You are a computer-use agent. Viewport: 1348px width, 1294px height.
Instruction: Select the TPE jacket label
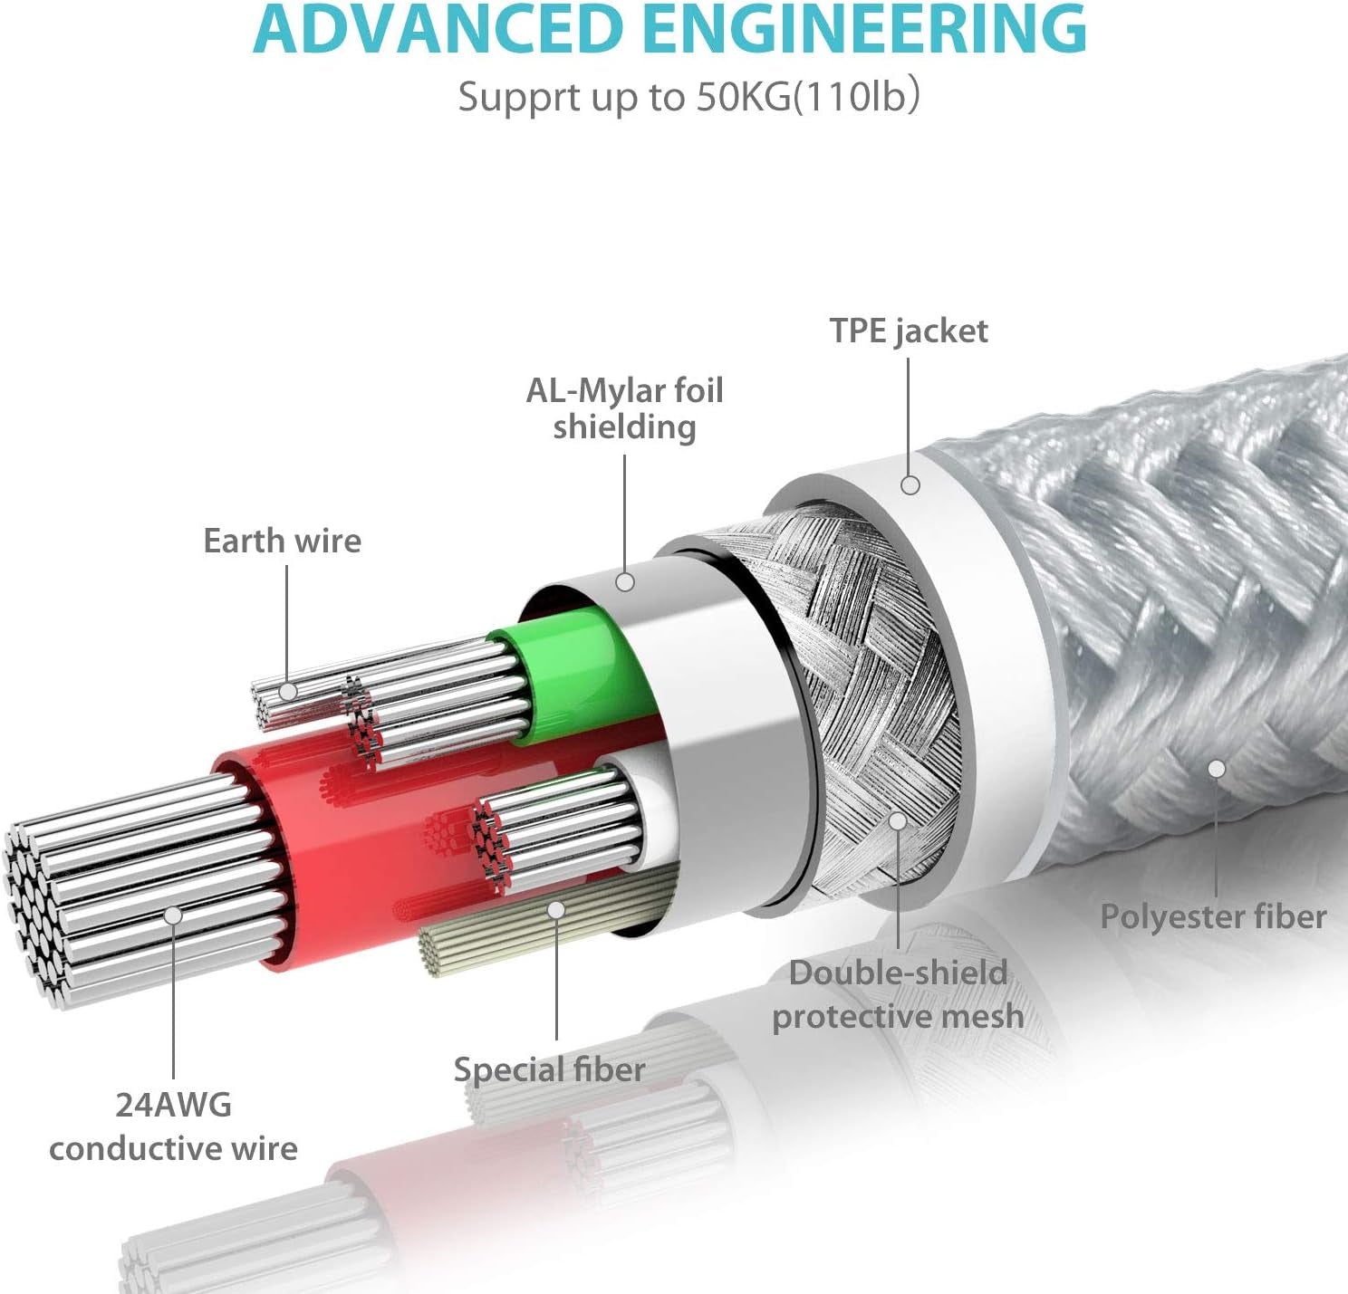[x=909, y=331]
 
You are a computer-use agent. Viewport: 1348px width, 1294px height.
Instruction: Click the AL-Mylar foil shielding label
[x=625, y=408]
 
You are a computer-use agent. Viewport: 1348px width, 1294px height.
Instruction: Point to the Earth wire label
[x=283, y=541]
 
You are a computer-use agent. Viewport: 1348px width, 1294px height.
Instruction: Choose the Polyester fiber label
[x=1213, y=916]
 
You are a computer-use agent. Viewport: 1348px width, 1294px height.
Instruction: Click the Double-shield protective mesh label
[x=898, y=994]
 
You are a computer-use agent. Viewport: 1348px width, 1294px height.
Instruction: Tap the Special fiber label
[x=550, y=1069]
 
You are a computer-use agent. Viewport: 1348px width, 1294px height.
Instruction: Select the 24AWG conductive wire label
[x=173, y=1126]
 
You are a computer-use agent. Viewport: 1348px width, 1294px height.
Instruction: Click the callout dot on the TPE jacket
[x=910, y=485]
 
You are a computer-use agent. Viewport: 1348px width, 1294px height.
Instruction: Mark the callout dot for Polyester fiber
[x=1217, y=769]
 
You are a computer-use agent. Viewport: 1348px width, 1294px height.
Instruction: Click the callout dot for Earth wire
[x=288, y=692]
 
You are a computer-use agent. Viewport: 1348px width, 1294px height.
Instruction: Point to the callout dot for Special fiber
[x=556, y=908]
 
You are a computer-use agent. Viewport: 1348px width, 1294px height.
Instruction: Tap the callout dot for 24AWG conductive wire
[x=173, y=915]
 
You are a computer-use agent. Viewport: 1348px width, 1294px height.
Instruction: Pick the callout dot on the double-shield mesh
[x=898, y=820]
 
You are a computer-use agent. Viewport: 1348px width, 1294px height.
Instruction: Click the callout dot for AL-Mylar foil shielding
[x=625, y=581]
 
